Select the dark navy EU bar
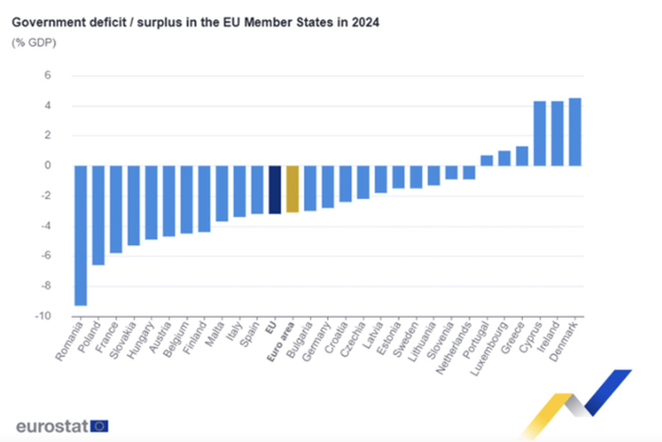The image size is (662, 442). (x=275, y=189)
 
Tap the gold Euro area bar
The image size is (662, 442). (x=292, y=189)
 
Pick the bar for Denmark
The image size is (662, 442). (x=575, y=132)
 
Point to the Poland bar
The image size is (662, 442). (x=98, y=215)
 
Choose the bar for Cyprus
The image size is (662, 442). (x=539, y=133)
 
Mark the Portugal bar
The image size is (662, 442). (x=486, y=160)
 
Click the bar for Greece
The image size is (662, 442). (x=522, y=156)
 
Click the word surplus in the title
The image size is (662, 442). (x=149, y=23)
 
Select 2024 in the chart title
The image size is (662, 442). (x=366, y=23)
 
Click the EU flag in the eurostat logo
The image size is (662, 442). (x=100, y=426)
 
